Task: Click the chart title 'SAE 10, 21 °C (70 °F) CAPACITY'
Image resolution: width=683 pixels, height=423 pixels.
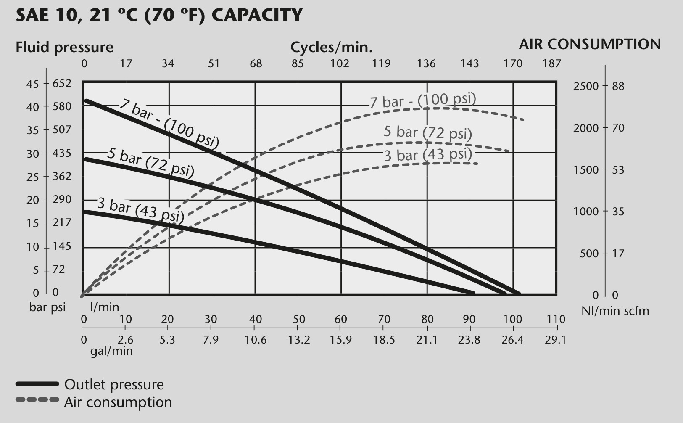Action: click(159, 15)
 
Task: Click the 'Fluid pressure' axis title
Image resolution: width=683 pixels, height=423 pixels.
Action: click(64, 47)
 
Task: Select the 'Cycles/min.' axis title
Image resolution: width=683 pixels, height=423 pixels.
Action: click(331, 47)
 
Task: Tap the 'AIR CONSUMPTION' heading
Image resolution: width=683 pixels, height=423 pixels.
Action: click(590, 44)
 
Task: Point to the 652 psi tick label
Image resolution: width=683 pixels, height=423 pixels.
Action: click(62, 83)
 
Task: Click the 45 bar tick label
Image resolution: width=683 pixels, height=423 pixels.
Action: click(32, 84)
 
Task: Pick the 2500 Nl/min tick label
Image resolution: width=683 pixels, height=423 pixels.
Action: click(586, 86)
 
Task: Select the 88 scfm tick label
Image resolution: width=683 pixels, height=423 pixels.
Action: click(618, 86)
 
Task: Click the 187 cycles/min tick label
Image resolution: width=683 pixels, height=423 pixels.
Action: click(551, 63)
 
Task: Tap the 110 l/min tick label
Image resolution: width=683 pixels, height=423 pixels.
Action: click(556, 319)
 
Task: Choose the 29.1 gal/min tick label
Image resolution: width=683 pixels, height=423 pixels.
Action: click(556, 340)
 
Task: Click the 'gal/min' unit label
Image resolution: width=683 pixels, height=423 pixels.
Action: click(112, 351)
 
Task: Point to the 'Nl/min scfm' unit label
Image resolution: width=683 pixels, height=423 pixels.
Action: click(615, 311)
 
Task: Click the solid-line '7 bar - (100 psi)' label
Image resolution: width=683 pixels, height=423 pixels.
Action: click(169, 124)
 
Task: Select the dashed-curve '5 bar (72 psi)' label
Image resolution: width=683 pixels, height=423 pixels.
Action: click(428, 132)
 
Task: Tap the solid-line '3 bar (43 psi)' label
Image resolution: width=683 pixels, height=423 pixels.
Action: click(140, 210)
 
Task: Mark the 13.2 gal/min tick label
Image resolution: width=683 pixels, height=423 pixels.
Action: click(299, 340)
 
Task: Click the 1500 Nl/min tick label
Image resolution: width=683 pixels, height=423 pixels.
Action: click(586, 170)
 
